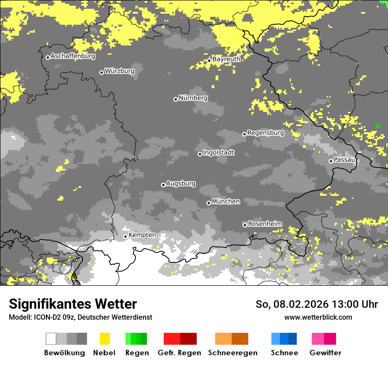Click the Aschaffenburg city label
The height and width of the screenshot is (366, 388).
tap(73, 56)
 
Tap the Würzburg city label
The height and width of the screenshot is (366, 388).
tap(119, 71)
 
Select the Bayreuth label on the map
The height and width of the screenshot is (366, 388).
tap(226, 59)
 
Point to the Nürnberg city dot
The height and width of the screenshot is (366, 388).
tap(175, 99)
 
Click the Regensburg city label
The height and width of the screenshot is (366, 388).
tap(265, 133)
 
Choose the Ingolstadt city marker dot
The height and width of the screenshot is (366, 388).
tap(200, 154)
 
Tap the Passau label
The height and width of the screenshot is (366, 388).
tap(345, 160)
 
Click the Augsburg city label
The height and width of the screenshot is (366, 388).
tap(181, 183)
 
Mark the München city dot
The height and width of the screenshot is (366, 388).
tap(209, 203)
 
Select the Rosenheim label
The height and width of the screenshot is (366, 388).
tap(265, 224)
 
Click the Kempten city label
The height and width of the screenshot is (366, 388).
tap(142, 235)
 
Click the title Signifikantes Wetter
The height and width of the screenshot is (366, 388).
tap(73, 304)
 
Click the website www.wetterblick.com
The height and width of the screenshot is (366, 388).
tap(318, 317)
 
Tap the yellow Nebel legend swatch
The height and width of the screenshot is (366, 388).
tap(104, 339)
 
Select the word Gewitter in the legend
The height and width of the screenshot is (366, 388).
tap(325, 353)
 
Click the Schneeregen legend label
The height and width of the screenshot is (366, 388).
tap(233, 353)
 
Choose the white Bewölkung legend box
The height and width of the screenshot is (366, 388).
tap(51, 339)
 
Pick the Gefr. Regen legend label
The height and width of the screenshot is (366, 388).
tap(179, 353)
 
